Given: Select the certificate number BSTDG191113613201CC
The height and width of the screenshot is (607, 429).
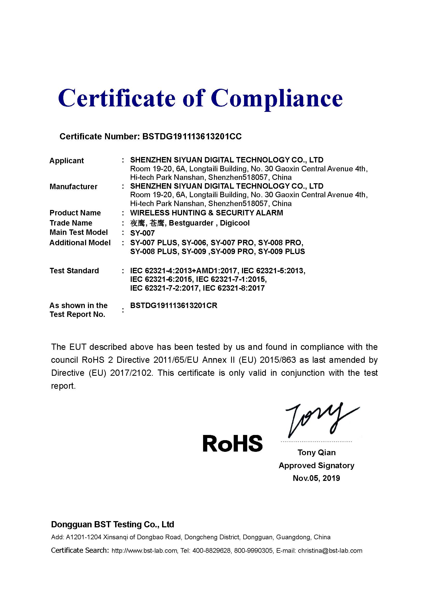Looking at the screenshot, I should [x=192, y=137].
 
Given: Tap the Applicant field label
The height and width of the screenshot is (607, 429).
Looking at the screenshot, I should [x=67, y=161].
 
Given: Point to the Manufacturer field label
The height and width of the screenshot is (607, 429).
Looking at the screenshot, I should [x=73, y=187].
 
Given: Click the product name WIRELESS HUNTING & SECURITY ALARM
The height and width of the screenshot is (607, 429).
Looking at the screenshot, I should [x=206, y=213].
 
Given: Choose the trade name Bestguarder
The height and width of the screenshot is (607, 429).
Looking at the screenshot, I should [x=191, y=223].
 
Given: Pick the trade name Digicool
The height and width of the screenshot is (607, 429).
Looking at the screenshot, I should [x=234, y=223].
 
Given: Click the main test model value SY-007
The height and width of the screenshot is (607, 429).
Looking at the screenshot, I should [x=142, y=233].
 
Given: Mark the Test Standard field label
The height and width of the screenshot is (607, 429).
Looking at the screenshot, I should [x=74, y=271].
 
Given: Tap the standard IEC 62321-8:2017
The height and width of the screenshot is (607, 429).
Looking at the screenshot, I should [x=233, y=288].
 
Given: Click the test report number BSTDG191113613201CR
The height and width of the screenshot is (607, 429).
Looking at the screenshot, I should [x=174, y=306].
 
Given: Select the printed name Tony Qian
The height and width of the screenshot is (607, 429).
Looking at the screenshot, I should [x=316, y=453].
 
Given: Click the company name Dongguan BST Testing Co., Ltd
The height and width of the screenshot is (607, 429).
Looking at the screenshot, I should [x=113, y=524].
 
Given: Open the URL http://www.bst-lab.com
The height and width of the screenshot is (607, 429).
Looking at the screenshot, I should [x=144, y=551].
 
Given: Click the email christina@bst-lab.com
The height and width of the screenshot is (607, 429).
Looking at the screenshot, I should [x=330, y=551].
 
